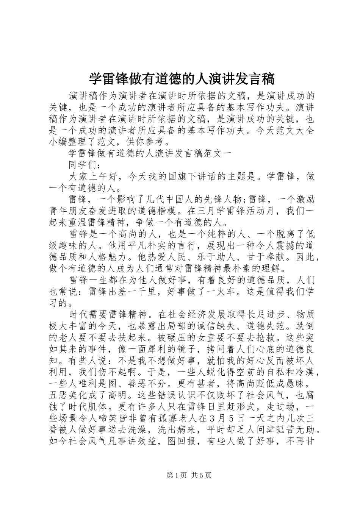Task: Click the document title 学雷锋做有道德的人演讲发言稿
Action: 182,79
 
